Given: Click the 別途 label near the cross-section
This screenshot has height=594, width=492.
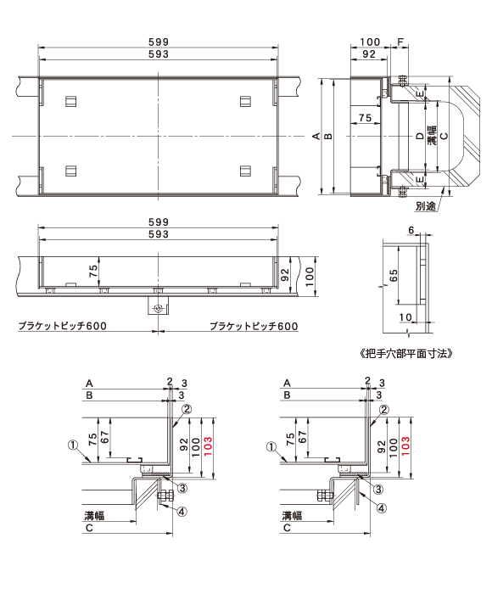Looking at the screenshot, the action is [x=426, y=206].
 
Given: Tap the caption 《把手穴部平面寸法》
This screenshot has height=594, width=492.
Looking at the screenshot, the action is [x=405, y=354].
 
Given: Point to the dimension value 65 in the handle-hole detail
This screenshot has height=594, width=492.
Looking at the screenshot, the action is [x=394, y=275].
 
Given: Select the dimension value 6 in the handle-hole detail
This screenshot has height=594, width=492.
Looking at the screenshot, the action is [x=411, y=230].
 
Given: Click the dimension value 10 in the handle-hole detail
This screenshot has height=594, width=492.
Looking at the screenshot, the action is [x=405, y=317].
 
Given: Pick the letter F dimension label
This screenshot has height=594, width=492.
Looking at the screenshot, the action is [x=400, y=42].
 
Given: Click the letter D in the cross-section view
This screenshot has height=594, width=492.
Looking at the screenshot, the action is [x=419, y=136].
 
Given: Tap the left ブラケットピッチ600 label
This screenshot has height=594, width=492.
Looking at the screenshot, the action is [x=63, y=326].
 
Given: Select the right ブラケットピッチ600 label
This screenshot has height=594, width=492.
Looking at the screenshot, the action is [x=254, y=326].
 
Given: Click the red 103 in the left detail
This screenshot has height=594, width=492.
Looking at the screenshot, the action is [x=208, y=447].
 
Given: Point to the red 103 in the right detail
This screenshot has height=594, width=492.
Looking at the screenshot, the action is [x=405, y=446].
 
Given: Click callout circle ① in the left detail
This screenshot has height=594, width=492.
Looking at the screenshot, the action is [x=73, y=445].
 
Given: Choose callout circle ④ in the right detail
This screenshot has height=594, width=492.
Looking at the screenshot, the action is [x=382, y=508].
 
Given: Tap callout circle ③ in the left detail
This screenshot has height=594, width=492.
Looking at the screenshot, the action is [x=182, y=488].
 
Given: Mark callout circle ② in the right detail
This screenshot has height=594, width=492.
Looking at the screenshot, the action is [x=384, y=410].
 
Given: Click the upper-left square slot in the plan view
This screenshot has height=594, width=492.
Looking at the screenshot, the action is [x=70, y=101].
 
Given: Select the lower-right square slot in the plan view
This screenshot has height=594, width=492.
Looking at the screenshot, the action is [x=245, y=171].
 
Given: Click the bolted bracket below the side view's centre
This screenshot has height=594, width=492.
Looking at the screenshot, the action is [x=159, y=305].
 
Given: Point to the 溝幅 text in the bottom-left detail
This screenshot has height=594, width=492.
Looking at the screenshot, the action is [x=94, y=516].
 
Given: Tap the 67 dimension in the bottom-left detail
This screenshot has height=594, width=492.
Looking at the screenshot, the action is [x=105, y=437].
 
